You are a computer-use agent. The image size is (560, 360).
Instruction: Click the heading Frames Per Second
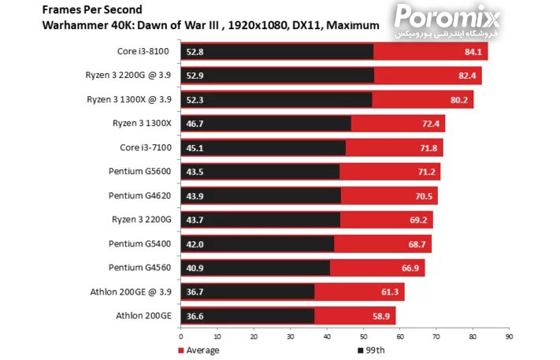tap(87, 10)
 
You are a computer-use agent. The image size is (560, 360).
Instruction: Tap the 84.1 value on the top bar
tap(474, 52)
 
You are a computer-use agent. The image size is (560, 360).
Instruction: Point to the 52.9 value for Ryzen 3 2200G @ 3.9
tap(195, 76)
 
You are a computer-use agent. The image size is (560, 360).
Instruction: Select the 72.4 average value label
tap(431, 124)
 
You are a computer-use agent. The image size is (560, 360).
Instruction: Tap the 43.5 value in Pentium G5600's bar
tap(195, 172)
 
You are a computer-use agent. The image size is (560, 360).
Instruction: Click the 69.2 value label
tap(418, 220)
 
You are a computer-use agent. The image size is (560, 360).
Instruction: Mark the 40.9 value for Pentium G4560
tap(195, 268)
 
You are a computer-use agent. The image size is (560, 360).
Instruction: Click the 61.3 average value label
tap(390, 292)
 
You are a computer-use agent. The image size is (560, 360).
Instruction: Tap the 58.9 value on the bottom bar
tap(381, 316)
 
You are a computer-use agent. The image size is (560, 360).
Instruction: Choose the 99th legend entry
tap(373, 350)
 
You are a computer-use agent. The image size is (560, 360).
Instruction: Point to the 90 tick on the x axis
tap(509, 336)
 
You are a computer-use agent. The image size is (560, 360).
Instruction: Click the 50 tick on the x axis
tap(363, 336)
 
